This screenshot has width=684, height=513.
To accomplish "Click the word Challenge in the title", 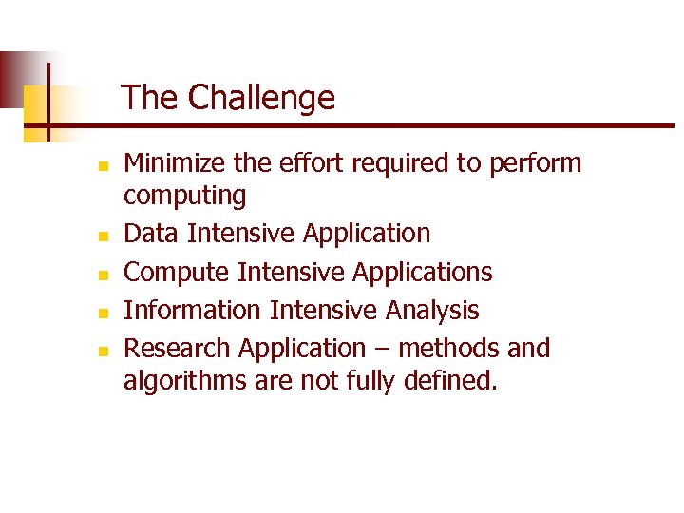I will coord(261,98).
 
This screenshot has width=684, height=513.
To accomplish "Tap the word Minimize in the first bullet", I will coord(176,163).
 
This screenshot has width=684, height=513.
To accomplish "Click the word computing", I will coord(185,197).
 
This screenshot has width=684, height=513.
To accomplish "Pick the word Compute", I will coord(178,273).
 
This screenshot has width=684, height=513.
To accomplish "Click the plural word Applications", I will coord(423,273).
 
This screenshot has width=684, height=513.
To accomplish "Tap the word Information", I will coord(193,311).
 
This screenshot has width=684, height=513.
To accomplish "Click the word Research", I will coord(178,349).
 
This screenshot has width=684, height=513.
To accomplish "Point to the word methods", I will coord(448,349).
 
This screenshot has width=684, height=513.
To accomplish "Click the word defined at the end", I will coord(450,382).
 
